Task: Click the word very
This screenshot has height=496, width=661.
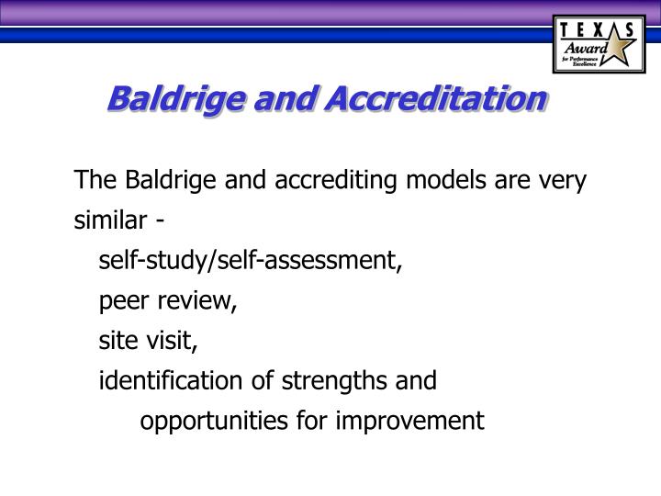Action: [560, 180]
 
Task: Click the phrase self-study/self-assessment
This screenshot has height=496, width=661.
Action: [251, 261]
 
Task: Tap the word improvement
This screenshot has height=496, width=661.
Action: [418, 421]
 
